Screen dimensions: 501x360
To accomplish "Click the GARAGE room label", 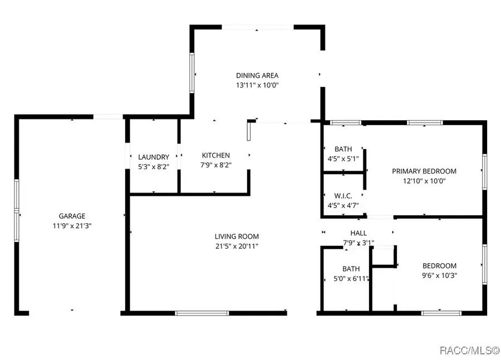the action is point(72,216).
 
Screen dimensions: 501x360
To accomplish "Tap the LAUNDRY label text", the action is point(154,157).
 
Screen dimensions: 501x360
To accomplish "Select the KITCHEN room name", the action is point(215,155).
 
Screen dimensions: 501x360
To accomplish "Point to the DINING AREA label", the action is point(257,75).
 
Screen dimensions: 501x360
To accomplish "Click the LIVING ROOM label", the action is point(237,236).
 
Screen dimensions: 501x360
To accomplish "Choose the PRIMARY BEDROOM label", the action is point(424,171).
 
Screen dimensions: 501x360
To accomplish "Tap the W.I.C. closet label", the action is point(343,196).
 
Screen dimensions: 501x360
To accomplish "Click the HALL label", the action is point(358,233).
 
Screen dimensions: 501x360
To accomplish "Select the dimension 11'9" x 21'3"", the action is point(72,226).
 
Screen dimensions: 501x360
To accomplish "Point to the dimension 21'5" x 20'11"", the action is point(237,246).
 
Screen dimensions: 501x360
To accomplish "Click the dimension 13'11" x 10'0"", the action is point(258,85).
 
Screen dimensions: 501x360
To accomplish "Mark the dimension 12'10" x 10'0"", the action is point(424,181).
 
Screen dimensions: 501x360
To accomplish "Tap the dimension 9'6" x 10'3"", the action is point(439,275).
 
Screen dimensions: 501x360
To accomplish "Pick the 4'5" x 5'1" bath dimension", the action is point(343,159).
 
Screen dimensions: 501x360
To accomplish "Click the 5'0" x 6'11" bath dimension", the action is point(351,279).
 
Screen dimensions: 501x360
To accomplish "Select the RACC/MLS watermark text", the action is point(470,351).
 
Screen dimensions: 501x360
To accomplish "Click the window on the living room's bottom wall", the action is point(202,313).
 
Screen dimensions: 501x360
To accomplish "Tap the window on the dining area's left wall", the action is point(191,73).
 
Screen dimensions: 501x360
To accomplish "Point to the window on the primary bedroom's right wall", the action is point(485,172).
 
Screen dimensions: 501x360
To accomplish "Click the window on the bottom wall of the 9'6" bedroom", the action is point(441,313).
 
